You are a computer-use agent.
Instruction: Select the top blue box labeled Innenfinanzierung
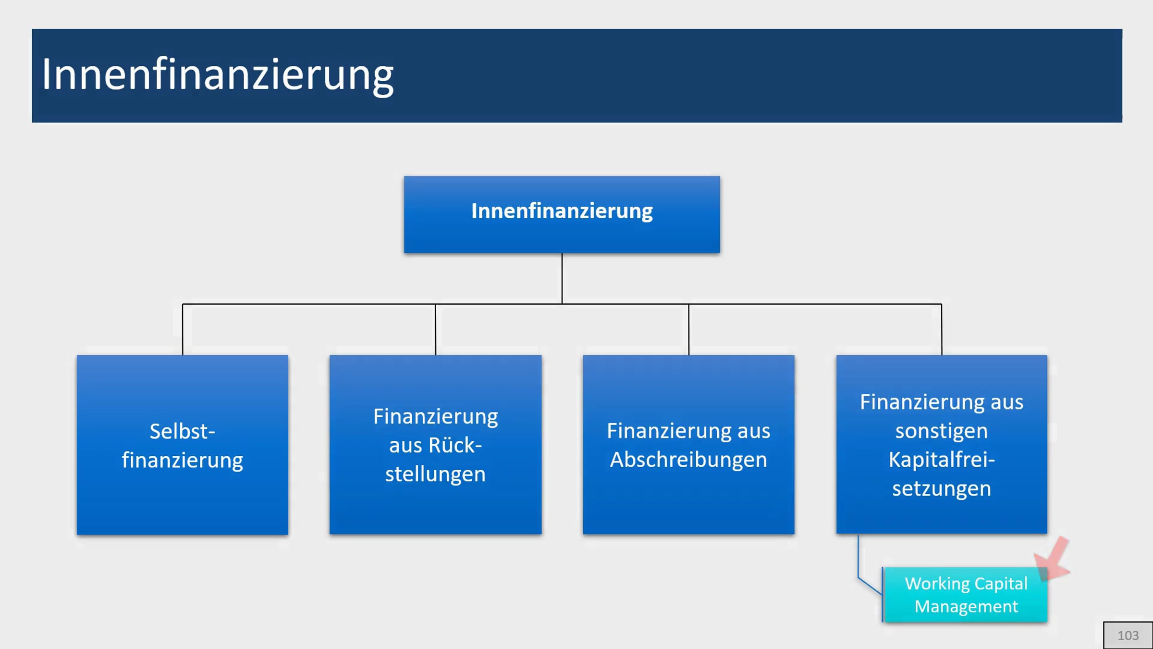pos(562,214)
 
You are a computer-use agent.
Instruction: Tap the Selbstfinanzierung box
pos(183,445)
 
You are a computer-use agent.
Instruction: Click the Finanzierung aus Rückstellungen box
pos(435,445)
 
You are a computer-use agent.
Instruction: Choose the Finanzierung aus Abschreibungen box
pos(688,445)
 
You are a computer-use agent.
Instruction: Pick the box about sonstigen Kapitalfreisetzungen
pos(942,445)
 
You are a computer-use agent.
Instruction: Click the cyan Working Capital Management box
pos(966,595)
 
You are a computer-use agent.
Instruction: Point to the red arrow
pos(1053,559)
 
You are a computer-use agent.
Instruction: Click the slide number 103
pos(1128,636)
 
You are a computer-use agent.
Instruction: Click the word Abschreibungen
pos(688,460)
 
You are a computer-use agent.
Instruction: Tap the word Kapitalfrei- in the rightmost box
pos(942,460)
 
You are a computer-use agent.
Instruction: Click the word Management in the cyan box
pos(966,607)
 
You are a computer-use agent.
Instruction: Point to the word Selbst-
pos(183,431)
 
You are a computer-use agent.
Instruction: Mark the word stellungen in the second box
pos(435,474)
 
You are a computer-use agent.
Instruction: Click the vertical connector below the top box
pos(562,278)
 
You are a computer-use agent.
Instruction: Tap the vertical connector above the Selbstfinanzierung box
pos(183,329)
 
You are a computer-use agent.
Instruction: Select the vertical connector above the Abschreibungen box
pos(688,329)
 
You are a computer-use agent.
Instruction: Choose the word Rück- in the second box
pos(435,446)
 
